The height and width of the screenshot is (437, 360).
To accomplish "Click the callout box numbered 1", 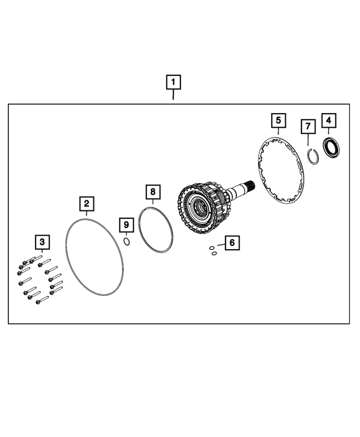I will click(x=173, y=82).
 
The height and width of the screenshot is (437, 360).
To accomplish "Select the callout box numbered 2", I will click(x=86, y=203).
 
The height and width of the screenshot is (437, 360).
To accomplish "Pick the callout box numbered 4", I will click(x=328, y=120).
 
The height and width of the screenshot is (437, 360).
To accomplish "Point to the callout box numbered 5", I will click(x=278, y=120).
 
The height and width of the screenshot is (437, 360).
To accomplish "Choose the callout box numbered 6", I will click(x=231, y=243).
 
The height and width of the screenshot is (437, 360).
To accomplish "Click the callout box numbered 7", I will click(x=307, y=127).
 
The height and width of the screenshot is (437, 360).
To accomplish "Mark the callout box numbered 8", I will click(x=152, y=192).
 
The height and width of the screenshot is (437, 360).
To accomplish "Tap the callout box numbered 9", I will click(x=127, y=225).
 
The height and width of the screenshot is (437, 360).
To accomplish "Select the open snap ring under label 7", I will click(x=313, y=156).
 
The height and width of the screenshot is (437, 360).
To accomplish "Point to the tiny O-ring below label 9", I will click(x=127, y=242).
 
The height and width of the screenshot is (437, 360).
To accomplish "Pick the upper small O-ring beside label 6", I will click(x=211, y=247).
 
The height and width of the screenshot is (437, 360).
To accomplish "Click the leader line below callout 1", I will click(x=173, y=95).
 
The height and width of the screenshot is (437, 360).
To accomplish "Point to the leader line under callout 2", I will click(x=86, y=214).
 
